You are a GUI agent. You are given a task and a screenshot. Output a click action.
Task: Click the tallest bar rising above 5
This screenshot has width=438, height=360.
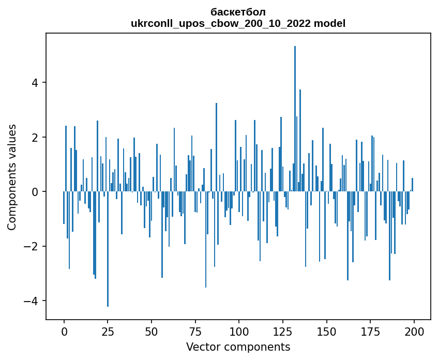(x=295, y=119)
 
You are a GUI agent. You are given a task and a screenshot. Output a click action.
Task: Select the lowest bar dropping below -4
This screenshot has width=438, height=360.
(x=108, y=248)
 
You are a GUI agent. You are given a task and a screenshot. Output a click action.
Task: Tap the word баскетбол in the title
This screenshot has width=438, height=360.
(x=238, y=12)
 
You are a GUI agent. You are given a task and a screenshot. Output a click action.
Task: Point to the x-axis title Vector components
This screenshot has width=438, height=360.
(x=238, y=347)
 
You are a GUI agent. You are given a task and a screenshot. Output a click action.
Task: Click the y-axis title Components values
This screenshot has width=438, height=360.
(x=12, y=177)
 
